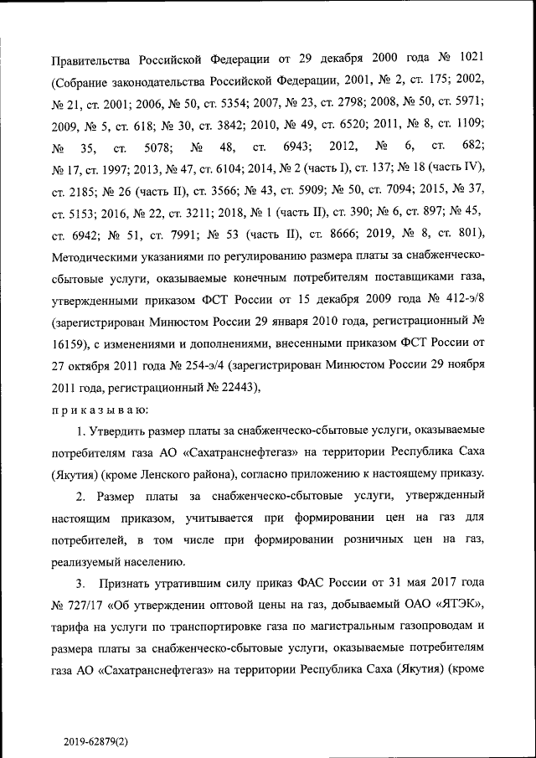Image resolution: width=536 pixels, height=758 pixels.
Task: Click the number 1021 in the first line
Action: coord(466,58)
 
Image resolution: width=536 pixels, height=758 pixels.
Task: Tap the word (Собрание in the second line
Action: coord(89,80)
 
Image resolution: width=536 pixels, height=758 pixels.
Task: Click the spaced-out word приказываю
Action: coord(100,410)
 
